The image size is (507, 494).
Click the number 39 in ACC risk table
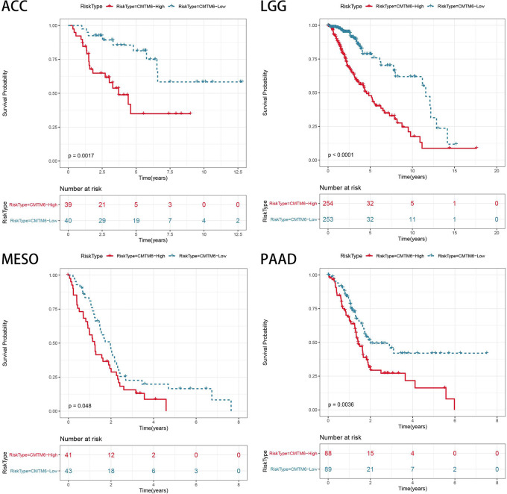tap(69, 204)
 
